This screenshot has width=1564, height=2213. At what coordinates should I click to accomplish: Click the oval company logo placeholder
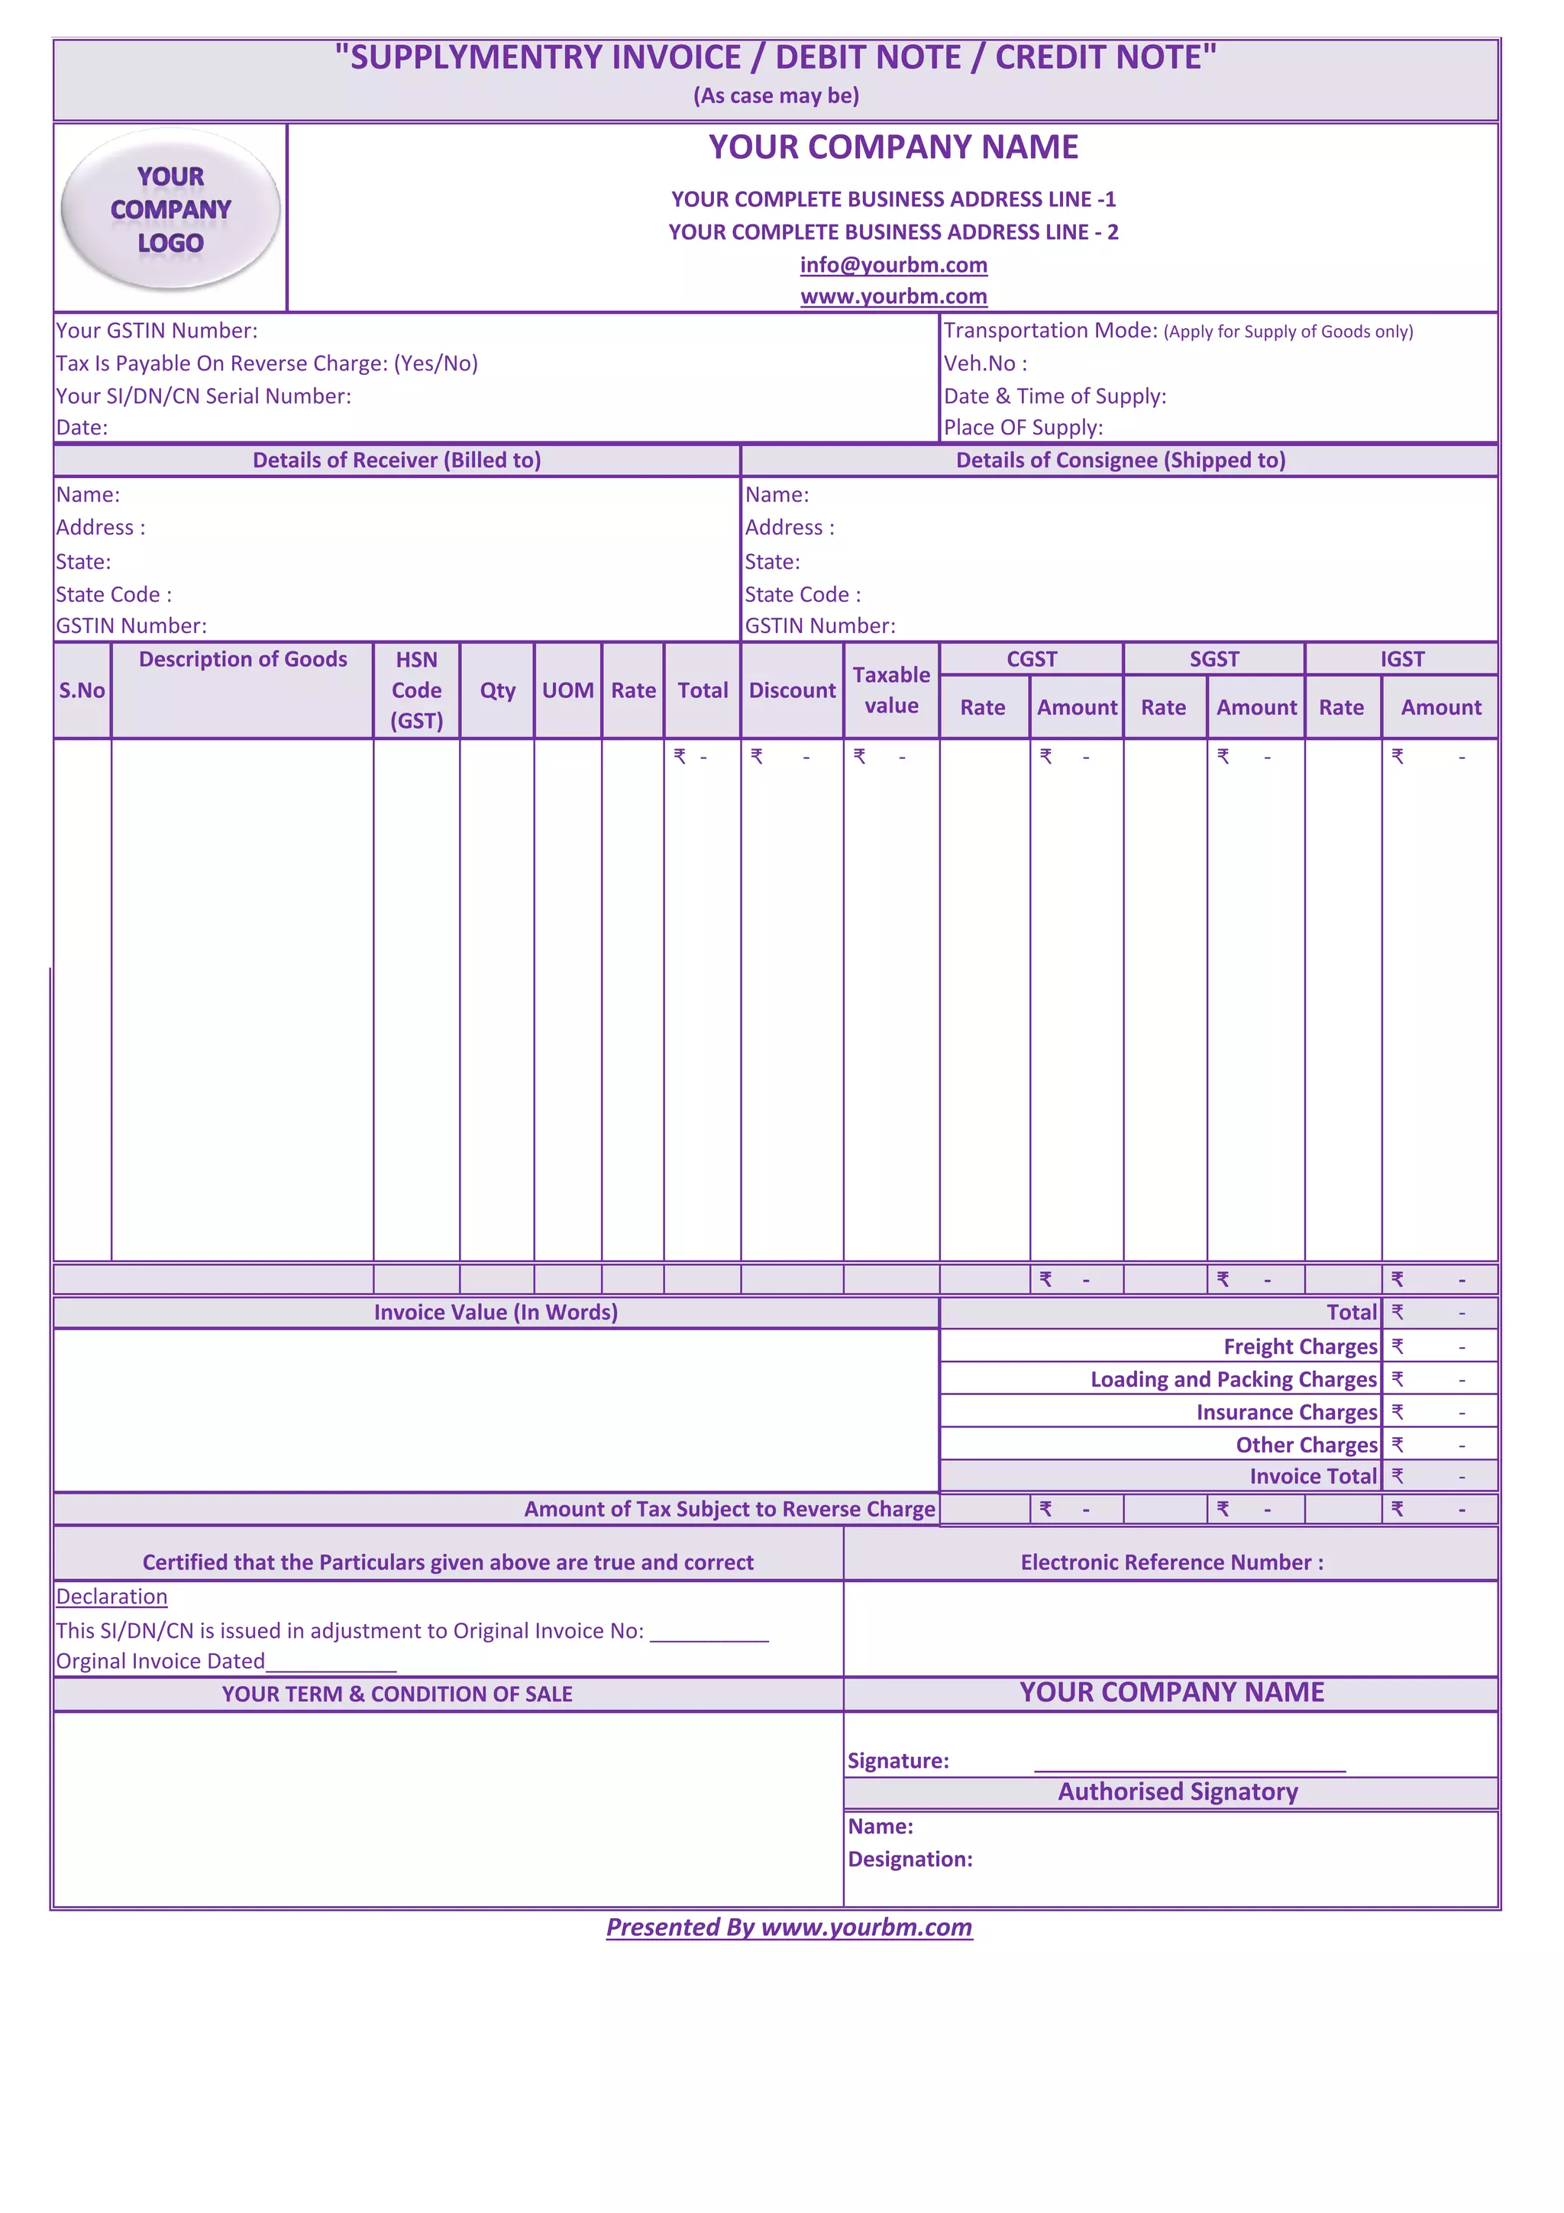pyautogui.click(x=170, y=209)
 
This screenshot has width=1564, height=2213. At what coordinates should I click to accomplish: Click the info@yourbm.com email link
pyautogui.click(x=893, y=265)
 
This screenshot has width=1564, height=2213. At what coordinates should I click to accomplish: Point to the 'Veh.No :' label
pyautogui.click(x=985, y=363)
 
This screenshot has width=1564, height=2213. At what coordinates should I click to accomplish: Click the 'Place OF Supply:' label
pyautogui.click(x=1023, y=427)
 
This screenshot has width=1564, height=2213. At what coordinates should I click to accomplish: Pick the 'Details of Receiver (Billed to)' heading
pyautogui.click(x=397, y=460)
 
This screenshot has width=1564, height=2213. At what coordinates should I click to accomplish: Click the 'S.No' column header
pyautogui.click(x=82, y=690)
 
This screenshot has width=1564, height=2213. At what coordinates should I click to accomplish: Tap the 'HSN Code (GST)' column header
pyautogui.click(x=416, y=690)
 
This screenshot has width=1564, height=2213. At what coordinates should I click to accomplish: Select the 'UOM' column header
pyautogui.click(x=567, y=690)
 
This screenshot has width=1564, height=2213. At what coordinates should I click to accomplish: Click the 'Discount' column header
pyautogui.click(x=792, y=690)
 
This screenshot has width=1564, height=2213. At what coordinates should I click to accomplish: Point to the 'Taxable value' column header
pyautogui.click(x=891, y=690)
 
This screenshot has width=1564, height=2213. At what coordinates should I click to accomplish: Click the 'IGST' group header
pyautogui.click(x=1401, y=659)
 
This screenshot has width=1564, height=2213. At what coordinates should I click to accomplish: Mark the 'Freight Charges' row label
pyautogui.click(x=1300, y=1346)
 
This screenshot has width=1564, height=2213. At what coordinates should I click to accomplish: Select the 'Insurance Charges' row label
pyautogui.click(x=1287, y=1412)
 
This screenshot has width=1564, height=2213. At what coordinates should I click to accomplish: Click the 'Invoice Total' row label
pyautogui.click(x=1314, y=1477)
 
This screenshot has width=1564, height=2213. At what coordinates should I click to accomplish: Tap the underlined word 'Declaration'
pyautogui.click(x=111, y=1597)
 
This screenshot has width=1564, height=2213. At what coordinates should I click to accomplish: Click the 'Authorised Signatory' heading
pyautogui.click(x=1178, y=1791)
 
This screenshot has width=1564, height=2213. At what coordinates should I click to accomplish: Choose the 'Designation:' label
pyautogui.click(x=910, y=1859)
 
